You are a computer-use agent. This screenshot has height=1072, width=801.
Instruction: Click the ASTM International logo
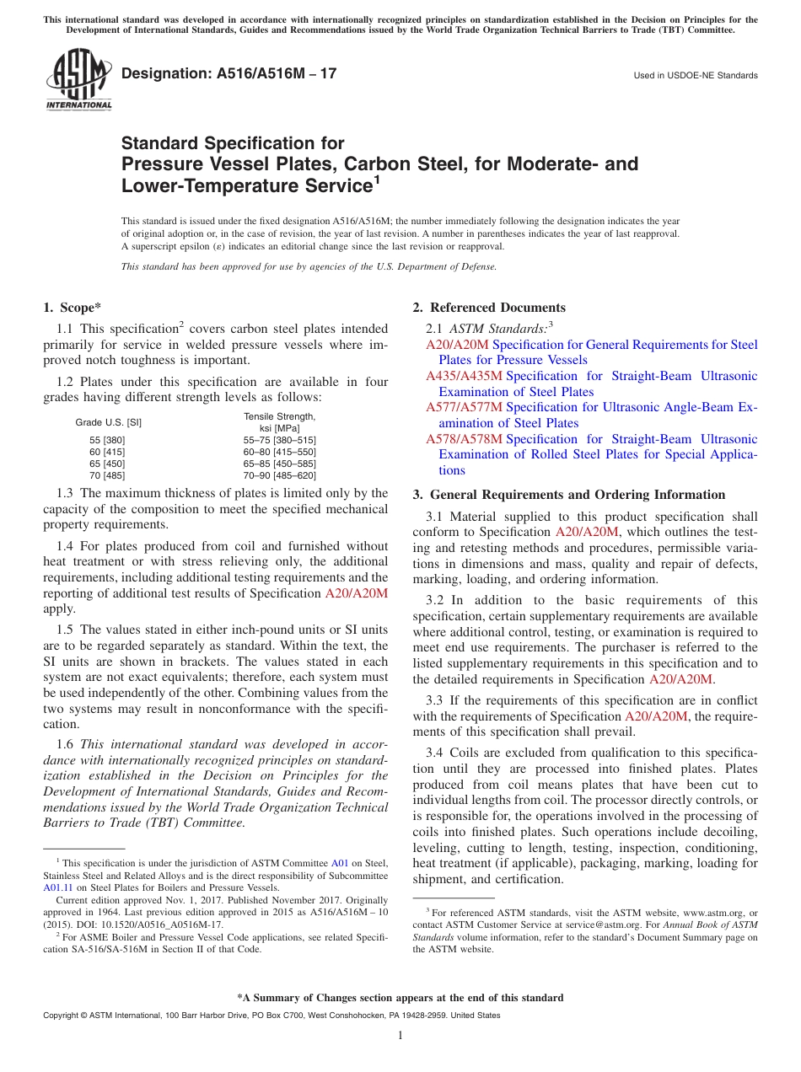click(x=78, y=81)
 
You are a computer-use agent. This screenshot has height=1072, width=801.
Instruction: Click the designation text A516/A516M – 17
click(x=228, y=73)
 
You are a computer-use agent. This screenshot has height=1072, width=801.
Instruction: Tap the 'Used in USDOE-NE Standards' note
click(x=696, y=76)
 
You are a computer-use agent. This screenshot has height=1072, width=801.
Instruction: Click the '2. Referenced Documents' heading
click(x=489, y=308)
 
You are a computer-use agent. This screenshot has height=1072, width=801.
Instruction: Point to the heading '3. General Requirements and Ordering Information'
click(x=568, y=495)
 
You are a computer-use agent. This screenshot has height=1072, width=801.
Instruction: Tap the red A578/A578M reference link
click(x=464, y=439)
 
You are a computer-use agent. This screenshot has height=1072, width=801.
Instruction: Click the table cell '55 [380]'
click(x=107, y=440)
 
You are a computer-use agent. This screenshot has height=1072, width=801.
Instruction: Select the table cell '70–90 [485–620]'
click(x=279, y=475)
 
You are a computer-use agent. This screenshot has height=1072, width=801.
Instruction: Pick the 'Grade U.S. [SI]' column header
click(x=109, y=422)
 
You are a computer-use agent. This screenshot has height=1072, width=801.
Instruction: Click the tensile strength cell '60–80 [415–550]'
click(x=279, y=452)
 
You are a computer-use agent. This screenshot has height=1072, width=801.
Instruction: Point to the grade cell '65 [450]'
click(x=107, y=464)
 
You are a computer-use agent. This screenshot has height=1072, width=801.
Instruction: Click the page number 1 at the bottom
click(x=400, y=1036)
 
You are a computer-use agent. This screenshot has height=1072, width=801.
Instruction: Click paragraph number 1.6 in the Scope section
click(x=65, y=744)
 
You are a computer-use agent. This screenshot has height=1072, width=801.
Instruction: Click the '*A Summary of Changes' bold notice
click(x=400, y=998)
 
